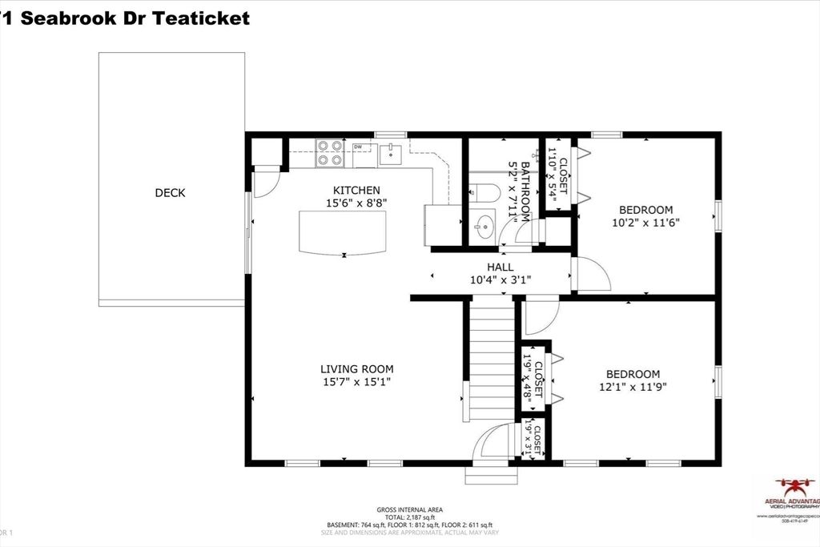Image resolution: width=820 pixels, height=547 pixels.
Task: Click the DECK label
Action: click(x=170, y=192)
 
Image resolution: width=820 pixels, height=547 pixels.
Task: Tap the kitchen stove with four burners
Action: click(x=328, y=152)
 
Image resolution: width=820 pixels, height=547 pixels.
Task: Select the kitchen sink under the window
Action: click(x=391, y=152)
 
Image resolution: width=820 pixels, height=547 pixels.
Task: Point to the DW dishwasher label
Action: click(x=358, y=147)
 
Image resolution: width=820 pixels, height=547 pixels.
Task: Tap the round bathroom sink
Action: click(x=483, y=227)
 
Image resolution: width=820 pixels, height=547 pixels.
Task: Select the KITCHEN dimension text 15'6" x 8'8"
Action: click(x=356, y=204)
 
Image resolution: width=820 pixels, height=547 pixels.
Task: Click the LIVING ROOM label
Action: click(x=356, y=369)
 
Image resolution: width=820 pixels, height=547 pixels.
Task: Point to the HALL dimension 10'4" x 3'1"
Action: click(x=500, y=280)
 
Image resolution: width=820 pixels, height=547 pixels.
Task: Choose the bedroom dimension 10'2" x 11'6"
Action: click(x=645, y=224)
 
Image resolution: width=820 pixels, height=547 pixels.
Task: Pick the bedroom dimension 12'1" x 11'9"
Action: click(x=633, y=387)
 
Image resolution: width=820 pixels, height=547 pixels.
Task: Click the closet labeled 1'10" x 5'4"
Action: click(x=558, y=176)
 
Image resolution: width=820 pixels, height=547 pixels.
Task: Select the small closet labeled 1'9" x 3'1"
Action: click(x=533, y=439)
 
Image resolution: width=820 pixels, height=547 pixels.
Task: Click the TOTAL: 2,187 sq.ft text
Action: click(x=409, y=517)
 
